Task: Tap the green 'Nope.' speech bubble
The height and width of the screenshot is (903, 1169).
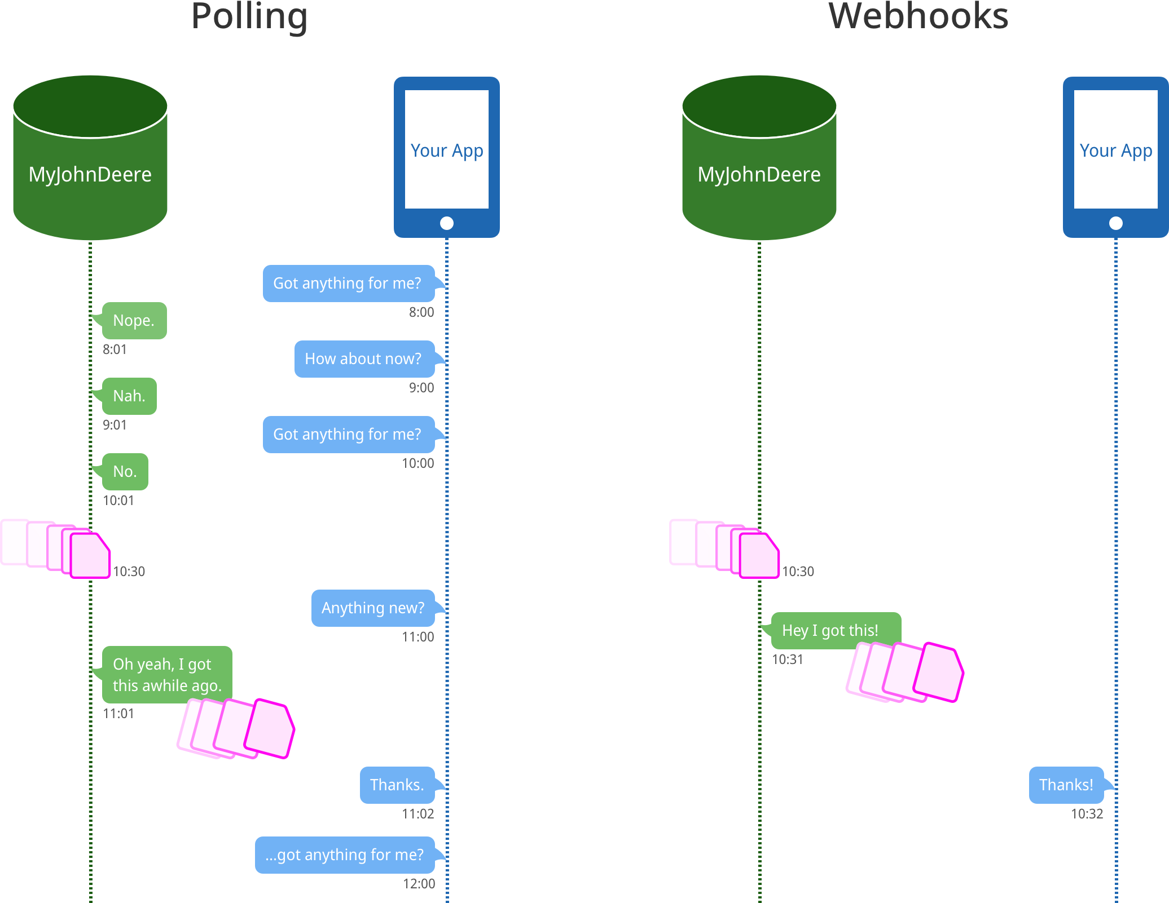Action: (x=134, y=320)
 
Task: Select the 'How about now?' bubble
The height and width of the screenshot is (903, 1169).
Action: (x=364, y=358)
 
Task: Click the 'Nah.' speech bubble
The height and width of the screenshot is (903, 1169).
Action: (x=129, y=396)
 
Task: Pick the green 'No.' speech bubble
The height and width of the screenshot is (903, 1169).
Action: (x=125, y=471)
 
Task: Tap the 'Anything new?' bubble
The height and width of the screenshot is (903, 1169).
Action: (x=373, y=608)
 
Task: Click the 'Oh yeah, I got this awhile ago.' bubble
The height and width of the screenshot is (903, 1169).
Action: (x=167, y=674)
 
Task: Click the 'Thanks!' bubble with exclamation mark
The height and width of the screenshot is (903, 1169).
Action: (x=1066, y=785)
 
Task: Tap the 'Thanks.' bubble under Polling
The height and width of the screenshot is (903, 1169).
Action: (x=397, y=785)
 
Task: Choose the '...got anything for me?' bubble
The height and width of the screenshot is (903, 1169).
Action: (x=345, y=855)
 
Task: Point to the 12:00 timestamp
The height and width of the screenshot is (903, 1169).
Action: (x=419, y=883)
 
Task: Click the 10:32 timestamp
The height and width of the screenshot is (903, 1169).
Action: (x=1087, y=813)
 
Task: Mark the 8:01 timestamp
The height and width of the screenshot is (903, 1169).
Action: (x=115, y=349)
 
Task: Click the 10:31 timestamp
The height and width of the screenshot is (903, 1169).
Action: (x=787, y=659)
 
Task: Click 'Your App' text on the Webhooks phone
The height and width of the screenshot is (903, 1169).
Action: (x=1115, y=150)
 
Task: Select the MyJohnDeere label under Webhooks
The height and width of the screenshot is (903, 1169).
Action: (x=759, y=175)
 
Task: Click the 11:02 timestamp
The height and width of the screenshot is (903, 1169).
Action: (x=417, y=813)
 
